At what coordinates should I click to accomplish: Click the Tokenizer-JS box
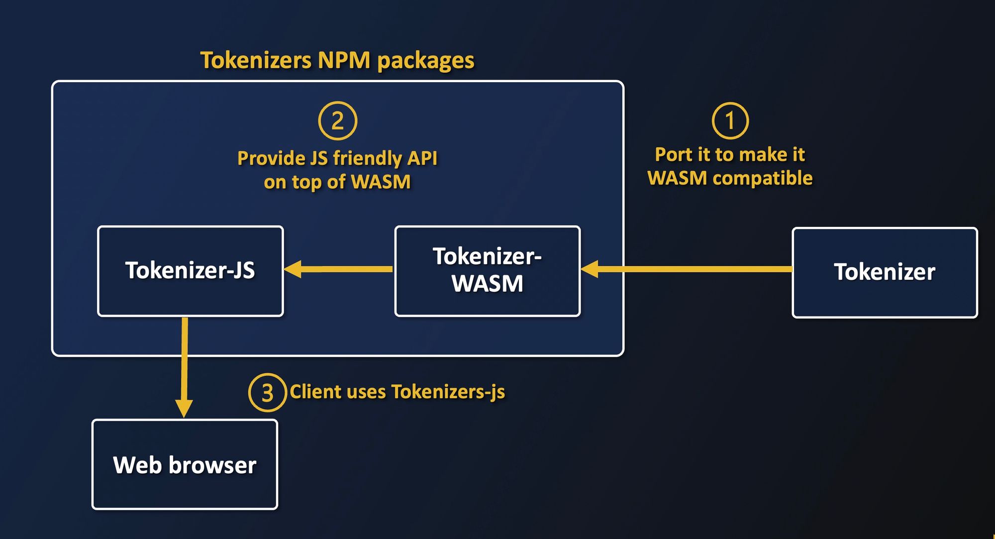click(x=191, y=271)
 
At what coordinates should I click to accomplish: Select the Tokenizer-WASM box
click(x=488, y=271)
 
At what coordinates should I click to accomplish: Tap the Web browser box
click(x=185, y=464)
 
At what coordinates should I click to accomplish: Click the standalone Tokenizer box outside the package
click(x=885, y=272)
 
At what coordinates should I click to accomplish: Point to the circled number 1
click(x=730, y=121)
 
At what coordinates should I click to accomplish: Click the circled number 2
click(x=338, y=121)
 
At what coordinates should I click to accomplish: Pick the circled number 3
click(x=267, y=393)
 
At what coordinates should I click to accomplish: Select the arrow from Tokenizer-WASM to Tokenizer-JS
click(x=338, y=269)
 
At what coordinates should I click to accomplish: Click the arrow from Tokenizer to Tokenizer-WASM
click(x=687, y=269)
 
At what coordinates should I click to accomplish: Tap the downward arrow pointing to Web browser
click(x=185, y=368)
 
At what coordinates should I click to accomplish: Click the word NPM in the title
click(x=344, y=60)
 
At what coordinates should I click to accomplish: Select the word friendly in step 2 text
click(x=368, y=158)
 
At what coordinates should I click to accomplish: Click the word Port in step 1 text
click(x=671, y=155)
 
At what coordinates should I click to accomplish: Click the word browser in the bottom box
click(x=212, y=465)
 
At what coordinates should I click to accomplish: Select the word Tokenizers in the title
click(x=256, y=60)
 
